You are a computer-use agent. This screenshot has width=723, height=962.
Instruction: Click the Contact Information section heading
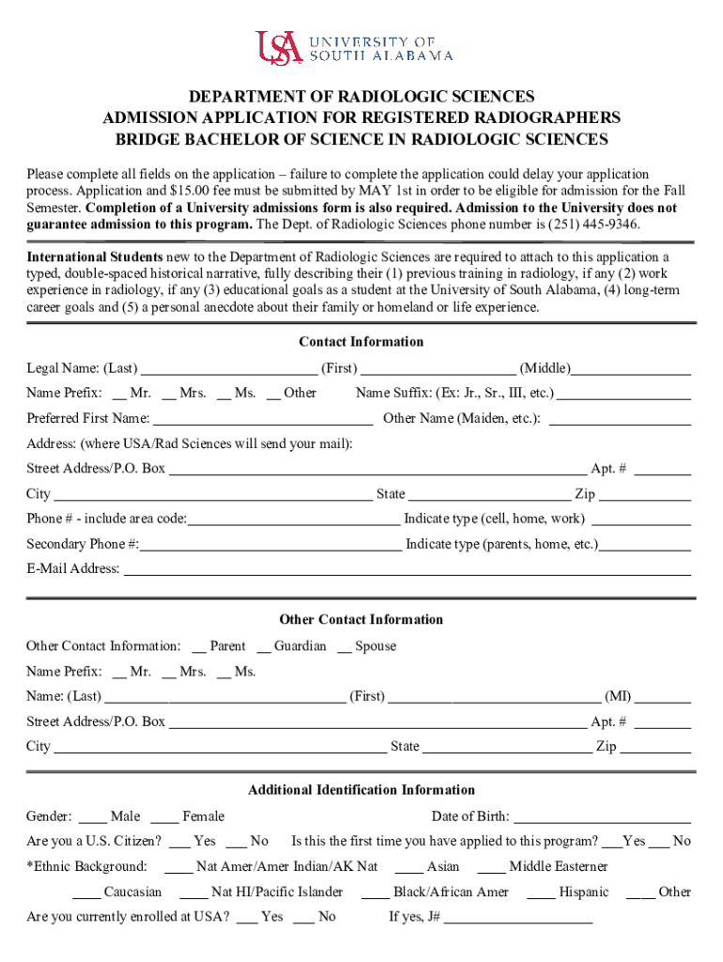[x=361, y=342]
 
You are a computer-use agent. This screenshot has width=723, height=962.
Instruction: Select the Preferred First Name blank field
[x=263, y=419]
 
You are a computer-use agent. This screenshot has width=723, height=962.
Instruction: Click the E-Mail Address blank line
[x=408, y=569]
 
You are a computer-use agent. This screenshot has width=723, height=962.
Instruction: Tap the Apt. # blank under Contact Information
[x=662, y=469]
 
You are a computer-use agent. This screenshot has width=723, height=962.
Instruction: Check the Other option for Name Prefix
[x=273, y=394]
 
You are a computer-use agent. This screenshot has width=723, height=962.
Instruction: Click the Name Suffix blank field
[x=624, y=394]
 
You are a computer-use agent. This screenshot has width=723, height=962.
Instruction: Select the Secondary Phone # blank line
[x=271, y=545]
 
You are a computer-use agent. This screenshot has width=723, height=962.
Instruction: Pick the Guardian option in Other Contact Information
[x=264, y=646]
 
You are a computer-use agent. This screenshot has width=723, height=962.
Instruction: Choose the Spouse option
[x=345, y=646]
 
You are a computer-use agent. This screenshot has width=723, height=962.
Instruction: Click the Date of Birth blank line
[x=603, y=817]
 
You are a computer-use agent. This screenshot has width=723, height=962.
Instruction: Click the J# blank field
[x=518, y=918]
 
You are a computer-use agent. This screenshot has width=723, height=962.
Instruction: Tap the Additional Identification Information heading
[x=361, y=790]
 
